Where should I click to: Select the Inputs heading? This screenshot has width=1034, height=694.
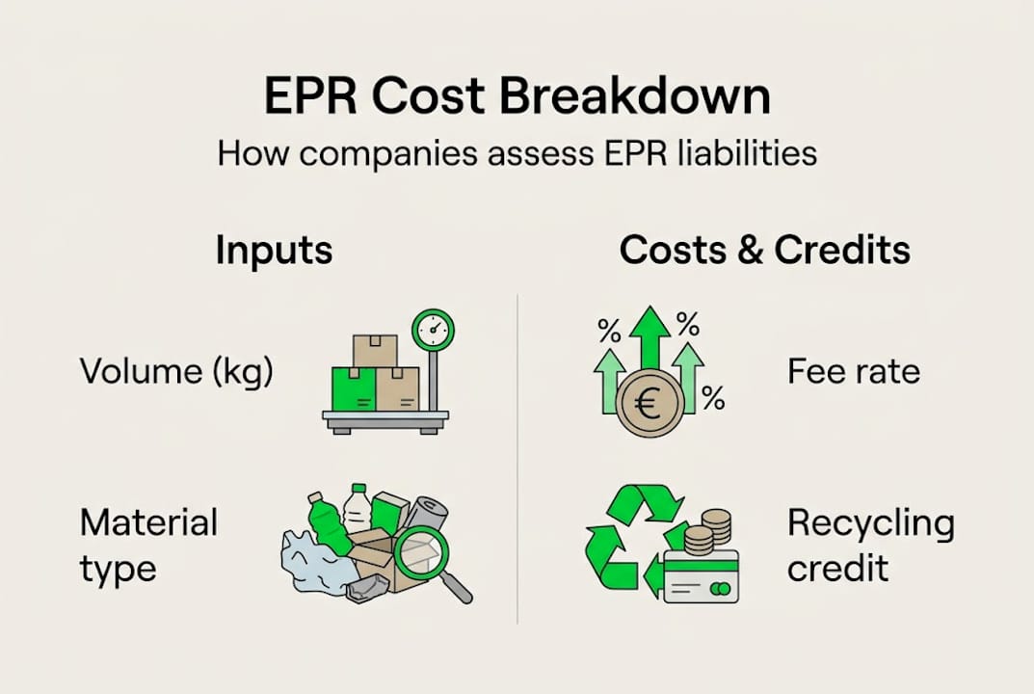click(x=274, y=250)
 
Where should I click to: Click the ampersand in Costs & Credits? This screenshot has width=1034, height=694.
click(x=744, y=250)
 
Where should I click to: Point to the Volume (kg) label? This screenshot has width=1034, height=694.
click(x=176, y=371)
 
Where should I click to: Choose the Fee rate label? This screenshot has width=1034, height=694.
click(x=853, y=371)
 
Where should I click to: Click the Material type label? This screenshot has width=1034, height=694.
click(x=148, y=546)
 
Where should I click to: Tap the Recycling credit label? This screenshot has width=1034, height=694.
click(x=870, y=546)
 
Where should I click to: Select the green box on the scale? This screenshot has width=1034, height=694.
click(x=353, y=388)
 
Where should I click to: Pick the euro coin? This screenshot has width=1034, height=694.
click(x=649, y=404)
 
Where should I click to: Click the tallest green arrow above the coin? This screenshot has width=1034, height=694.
click(x=650, y=342)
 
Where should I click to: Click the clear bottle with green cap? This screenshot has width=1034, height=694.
click(x=358, y=509)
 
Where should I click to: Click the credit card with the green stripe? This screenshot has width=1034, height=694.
click(x=701, y=575)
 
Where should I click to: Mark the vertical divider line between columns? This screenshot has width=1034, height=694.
click(x=517, y=458)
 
